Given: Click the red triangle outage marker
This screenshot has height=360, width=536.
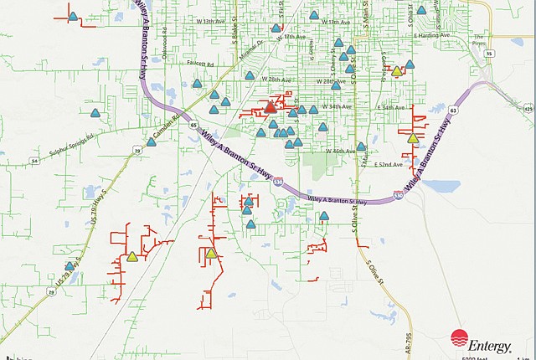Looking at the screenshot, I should click(x=271, y=107).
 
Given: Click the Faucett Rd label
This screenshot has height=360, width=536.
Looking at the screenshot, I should click(x=199, y=64).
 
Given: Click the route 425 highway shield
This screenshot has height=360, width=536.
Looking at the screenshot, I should click(x=528, y=108).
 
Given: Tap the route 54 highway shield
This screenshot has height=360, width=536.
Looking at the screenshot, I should click(x=34, y=160).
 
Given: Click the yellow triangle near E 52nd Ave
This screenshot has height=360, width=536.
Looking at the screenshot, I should click(x=412, y=138).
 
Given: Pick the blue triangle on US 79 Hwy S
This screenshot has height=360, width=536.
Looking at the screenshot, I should click(x=70, y=266).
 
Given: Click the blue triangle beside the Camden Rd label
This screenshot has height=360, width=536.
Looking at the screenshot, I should click(x=152, y=141).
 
